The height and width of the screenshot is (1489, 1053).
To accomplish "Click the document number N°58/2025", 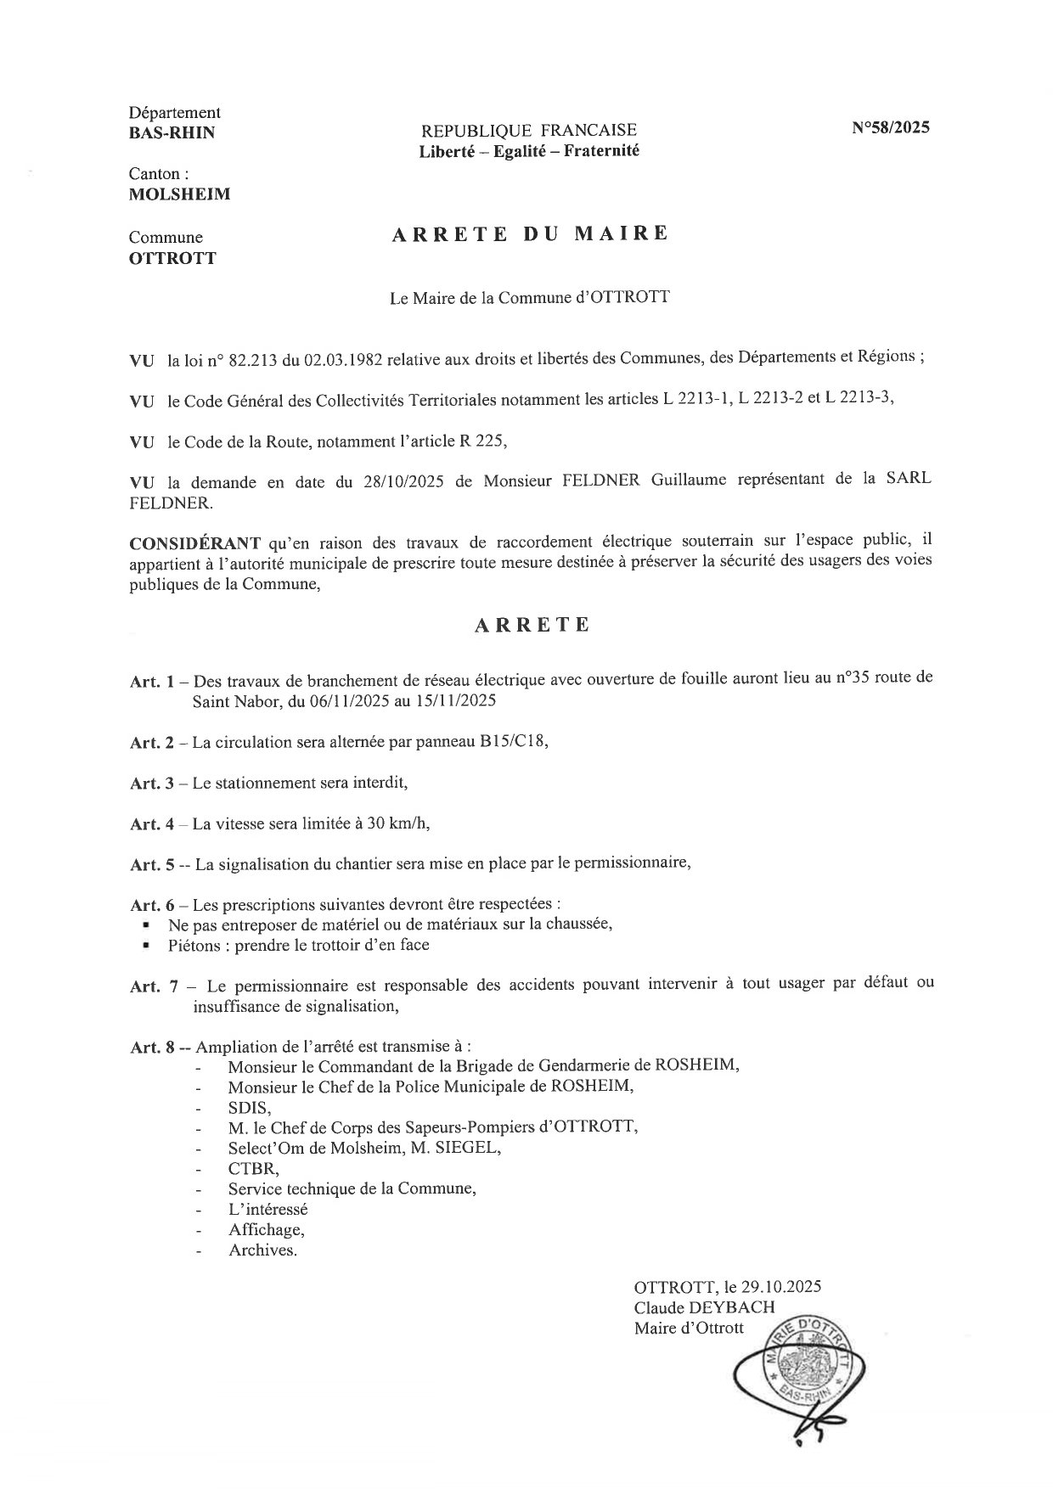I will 891,129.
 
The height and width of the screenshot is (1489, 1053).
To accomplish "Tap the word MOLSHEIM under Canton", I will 179,194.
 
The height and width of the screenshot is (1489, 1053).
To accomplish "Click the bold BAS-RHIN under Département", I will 172,132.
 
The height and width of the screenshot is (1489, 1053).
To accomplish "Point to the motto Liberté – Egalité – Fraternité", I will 528,151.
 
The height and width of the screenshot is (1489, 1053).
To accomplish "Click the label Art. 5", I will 152,865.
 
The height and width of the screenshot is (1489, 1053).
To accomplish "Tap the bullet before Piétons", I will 148,944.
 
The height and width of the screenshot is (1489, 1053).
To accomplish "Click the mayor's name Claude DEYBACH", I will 704,1307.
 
